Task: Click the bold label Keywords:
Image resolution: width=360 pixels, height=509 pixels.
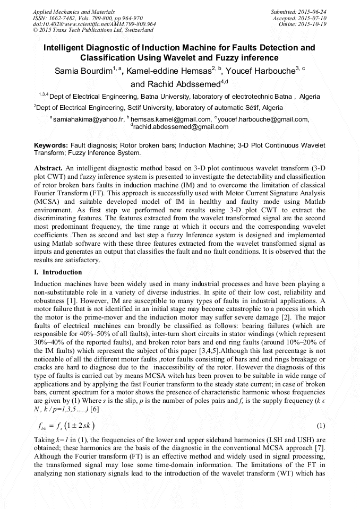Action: (50, 145)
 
